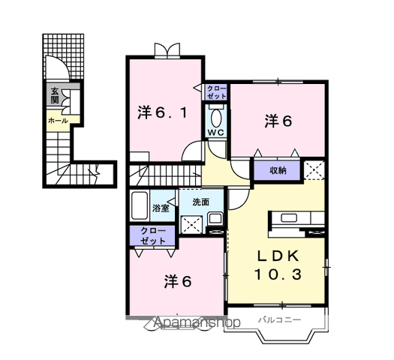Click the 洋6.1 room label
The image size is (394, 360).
(163, 112)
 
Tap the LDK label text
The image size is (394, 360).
(278, 256)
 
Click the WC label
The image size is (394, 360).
(216, 133)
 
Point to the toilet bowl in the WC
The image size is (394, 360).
(216, 118)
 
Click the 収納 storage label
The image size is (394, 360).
(278, 171)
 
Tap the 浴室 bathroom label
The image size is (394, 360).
(161, 208)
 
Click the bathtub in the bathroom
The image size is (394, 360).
(139, 205)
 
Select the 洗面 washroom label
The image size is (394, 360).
(201, 202)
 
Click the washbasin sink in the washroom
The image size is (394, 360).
(215, 219)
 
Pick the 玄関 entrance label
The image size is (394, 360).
(55, 95)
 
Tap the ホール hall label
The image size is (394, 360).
(58, 121)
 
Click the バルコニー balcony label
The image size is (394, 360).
(280, 320)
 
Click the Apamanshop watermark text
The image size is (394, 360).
(197, 322)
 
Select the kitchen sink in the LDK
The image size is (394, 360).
(289, 217)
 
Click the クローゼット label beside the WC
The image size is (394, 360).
(216, 92)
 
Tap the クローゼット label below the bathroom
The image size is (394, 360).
(153, 236)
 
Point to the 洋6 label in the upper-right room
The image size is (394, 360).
(278, 121)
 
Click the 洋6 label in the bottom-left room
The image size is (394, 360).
(178, 281)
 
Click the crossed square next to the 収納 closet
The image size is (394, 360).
(314, 170)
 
